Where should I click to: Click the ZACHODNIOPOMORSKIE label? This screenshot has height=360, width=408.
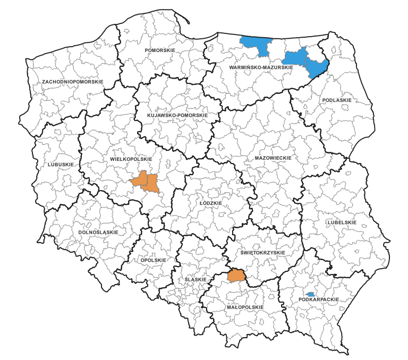[x=73, y=81]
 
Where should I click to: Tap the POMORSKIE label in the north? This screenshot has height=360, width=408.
[x=159, y=50]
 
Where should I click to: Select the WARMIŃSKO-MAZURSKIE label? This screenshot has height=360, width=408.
[x=261, y=68]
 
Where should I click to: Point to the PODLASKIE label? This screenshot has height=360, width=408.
[x=337, y=100]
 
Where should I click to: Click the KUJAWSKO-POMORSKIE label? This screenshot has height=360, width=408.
[x=177, y=115]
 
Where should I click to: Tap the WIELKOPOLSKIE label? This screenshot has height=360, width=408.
[x=131, y=159]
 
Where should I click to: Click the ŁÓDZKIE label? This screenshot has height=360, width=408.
[x=210, y=203]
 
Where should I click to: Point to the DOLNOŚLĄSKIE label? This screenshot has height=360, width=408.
[x=98, y=232]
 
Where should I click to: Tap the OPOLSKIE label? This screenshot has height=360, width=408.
[x=154, y=260]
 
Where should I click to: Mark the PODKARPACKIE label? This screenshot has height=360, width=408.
[x=319, y=299]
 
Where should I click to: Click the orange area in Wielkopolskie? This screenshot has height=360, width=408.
[x=145, y=182]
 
